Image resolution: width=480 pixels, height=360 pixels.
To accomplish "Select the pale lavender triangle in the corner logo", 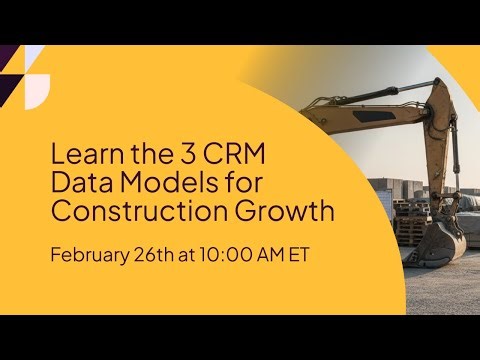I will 34,56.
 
